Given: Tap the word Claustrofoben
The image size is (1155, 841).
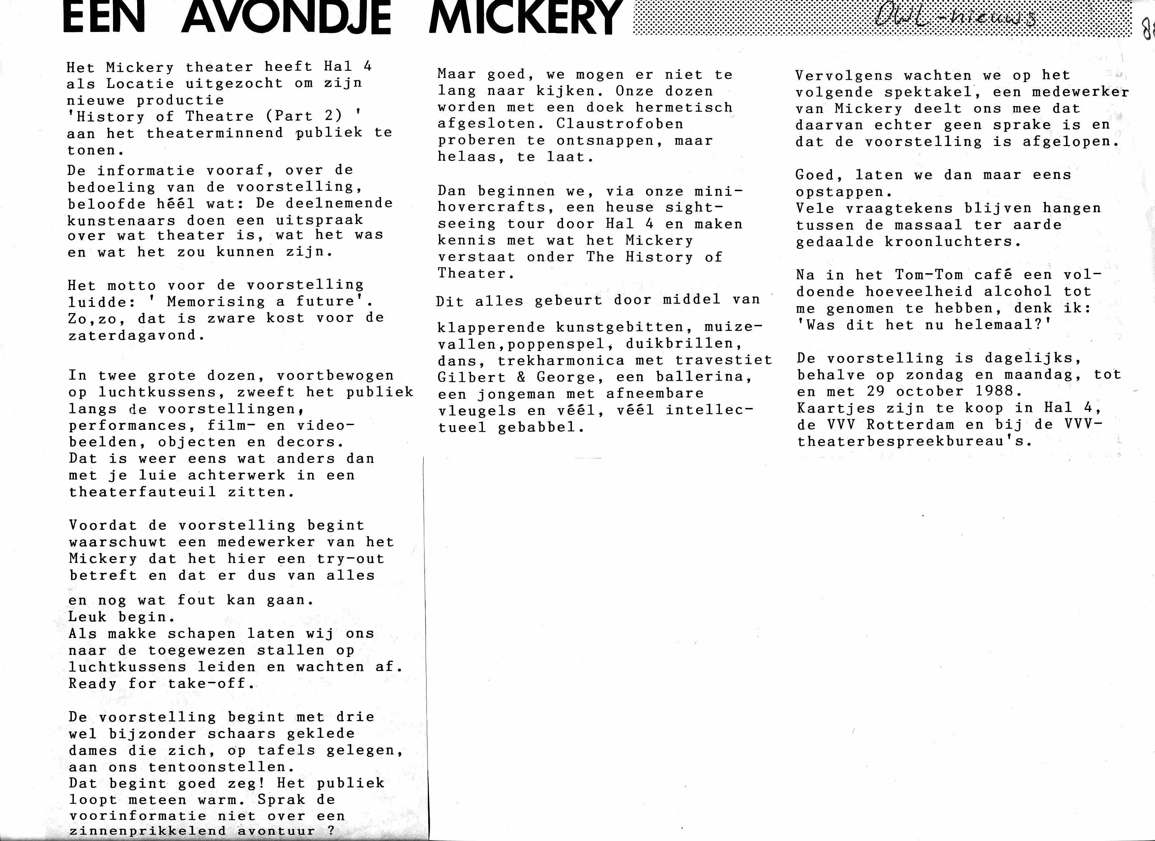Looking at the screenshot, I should (619, 124).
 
